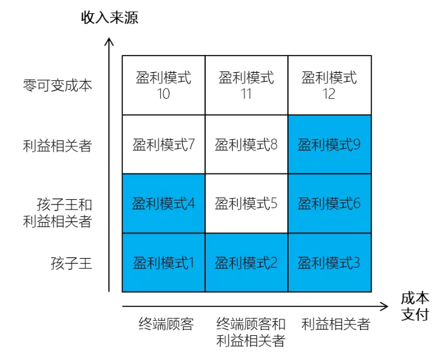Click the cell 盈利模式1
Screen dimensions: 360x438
[x=163, y=263]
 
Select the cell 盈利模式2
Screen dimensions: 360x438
[x=246, y=263]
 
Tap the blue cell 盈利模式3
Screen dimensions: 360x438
[x=329, y=263]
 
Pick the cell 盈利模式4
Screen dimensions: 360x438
[x=163, y=204]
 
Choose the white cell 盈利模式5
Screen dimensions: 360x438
[x=246, y=204]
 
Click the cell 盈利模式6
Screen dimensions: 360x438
[x=329, y=204]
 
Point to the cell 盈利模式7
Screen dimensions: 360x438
[x=163, y=145]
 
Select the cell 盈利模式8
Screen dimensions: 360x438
[x=246, y=145]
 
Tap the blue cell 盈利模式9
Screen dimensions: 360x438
[x=329, y=145]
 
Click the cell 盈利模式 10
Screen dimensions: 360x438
[x=163, y=85]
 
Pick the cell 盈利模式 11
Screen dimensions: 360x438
[x=246, y=85]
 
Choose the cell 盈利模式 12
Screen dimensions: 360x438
[x=329, y=85]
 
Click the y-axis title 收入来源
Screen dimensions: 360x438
[x=109, y=18]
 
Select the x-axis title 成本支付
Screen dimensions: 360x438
[x=415, y=306]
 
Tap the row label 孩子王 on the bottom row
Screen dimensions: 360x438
[x=72, y=263]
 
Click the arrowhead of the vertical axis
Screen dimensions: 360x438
[x=109, y=42]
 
